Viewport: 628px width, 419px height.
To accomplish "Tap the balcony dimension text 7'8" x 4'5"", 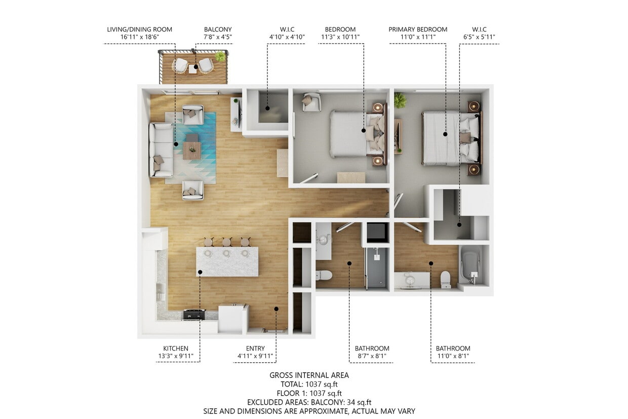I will [x=218, y=37].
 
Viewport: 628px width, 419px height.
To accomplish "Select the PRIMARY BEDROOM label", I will [x=418, y=29].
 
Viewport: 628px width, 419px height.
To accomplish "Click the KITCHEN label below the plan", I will [x=176, y=348].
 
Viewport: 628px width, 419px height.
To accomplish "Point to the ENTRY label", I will [x=255, y=348].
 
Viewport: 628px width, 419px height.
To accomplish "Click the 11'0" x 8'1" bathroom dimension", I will [x=453, y=356].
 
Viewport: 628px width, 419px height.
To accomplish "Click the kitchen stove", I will [x=194, y=315].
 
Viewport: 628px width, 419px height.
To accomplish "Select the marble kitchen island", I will [x=227, y=262].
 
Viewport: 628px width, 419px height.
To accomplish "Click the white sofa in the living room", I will [x=160, y=150].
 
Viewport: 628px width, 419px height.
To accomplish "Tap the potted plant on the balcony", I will [x=220, y=56].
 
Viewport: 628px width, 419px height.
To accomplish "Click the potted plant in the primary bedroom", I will [x=400, y=100].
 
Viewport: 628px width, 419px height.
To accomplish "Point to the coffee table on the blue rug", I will [x=192, y=150].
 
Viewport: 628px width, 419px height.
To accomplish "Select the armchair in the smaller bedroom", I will [x=311, y=102].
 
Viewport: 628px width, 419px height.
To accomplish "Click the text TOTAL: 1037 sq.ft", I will [x=309, y=384].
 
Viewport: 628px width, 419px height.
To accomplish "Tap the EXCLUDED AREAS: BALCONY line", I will [x=309, y=402].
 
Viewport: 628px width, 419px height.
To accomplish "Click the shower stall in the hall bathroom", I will [x=376, y=267].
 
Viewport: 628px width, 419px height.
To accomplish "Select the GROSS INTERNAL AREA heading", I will [x=309, y=375].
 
